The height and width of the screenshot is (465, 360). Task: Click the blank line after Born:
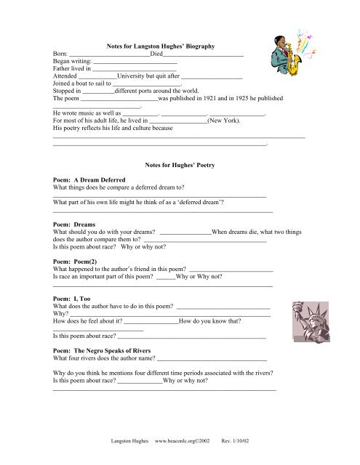110,55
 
